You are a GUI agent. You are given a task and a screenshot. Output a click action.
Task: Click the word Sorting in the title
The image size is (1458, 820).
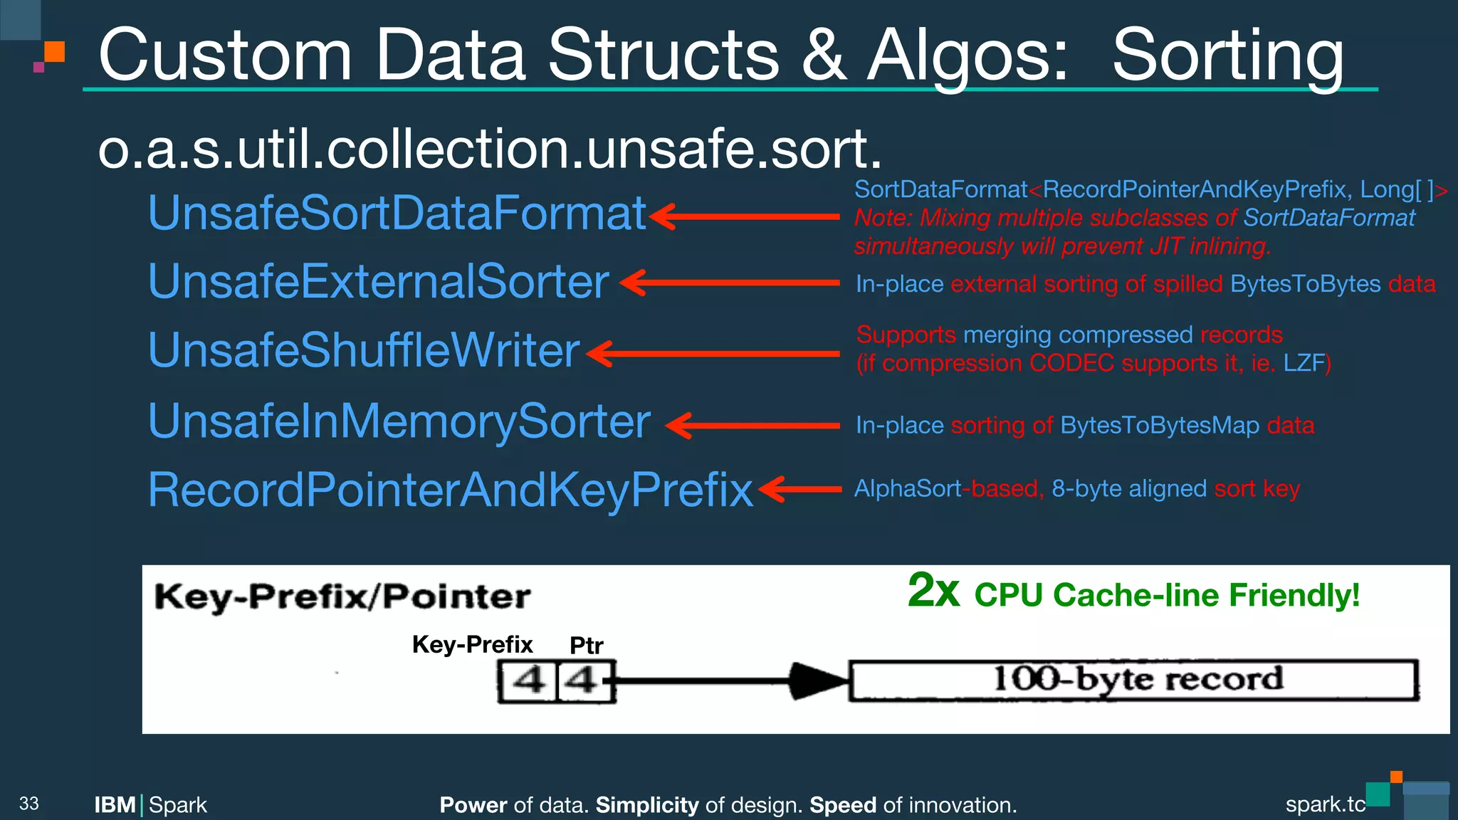1227,57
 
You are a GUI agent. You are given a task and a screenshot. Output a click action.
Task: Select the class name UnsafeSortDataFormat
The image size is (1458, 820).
397,214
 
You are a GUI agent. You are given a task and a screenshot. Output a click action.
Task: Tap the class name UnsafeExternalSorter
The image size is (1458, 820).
378,282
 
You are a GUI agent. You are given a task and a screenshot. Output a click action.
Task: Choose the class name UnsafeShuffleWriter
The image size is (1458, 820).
364,351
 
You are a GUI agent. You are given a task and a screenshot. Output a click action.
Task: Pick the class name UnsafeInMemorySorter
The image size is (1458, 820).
399,421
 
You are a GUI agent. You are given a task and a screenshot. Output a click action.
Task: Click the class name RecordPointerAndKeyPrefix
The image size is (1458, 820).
450,490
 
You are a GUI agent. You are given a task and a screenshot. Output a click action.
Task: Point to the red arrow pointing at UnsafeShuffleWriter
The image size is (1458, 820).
712,354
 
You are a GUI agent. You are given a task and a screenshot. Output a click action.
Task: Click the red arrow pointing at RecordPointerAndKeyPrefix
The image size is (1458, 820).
799,490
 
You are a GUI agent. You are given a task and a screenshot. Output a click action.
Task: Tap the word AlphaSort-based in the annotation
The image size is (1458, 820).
947,489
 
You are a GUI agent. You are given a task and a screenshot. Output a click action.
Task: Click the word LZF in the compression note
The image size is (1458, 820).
1304,364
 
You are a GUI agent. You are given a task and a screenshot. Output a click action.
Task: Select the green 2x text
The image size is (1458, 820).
933,591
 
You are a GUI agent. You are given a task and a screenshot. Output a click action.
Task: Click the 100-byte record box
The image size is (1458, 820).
1133,680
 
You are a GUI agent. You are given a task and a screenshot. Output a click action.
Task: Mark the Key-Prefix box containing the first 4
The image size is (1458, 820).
527,681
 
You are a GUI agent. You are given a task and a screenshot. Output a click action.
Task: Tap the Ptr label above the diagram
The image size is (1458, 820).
586,646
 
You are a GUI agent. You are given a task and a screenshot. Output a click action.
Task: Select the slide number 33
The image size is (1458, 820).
29,804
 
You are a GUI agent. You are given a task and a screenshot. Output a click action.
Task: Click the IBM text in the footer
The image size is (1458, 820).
115,805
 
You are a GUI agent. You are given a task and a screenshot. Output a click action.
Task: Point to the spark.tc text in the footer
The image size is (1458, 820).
1325,804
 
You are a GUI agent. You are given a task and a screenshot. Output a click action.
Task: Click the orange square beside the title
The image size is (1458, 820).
55,51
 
